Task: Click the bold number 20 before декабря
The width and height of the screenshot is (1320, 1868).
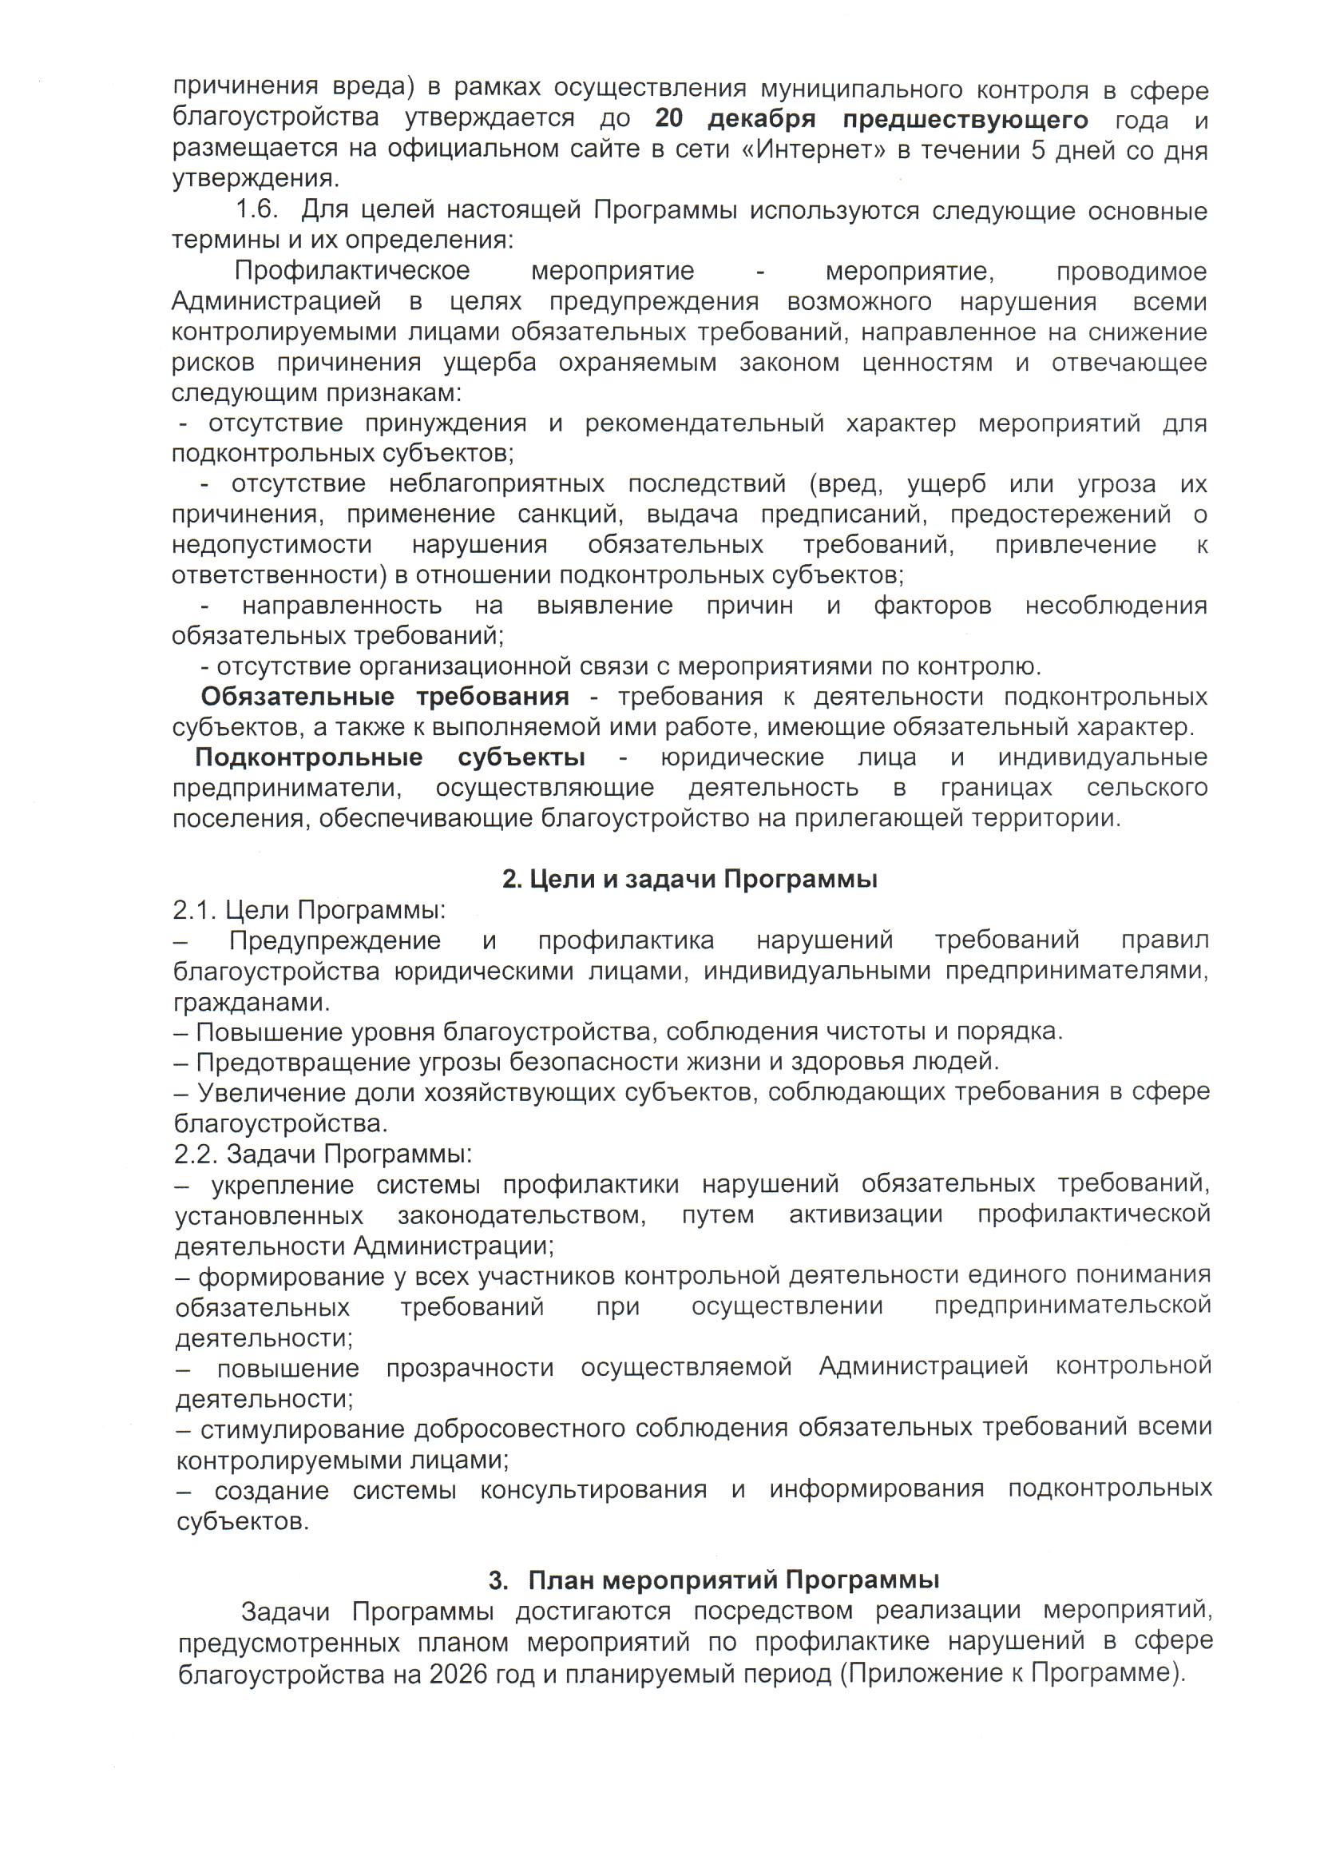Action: pyautogui.click(x=668, y=119)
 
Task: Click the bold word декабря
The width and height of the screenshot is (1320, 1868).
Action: pyautogui.click(x=761, y=120)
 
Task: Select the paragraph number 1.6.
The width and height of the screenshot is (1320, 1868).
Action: pyautogui.click(x=256, y=210)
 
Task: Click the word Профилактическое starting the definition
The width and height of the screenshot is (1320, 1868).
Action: pyautogui.click(x=352, y=270)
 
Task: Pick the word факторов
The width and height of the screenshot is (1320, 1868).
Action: pyautogui.click(x=932, y=606)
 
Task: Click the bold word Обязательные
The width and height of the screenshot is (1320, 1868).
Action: pyautogui.click(x=297, y=697)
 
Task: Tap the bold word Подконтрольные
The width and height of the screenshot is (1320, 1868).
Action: pyautogui.click(x=308, y=757)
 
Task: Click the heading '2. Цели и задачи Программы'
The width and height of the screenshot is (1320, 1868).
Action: pyautogui.click(x=689, y=879)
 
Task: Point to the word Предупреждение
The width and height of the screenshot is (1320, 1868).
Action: pyautogui.click(x=335, y=940)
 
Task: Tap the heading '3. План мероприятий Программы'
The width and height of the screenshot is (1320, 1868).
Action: pyautogui.click(x=713, y=1580)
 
